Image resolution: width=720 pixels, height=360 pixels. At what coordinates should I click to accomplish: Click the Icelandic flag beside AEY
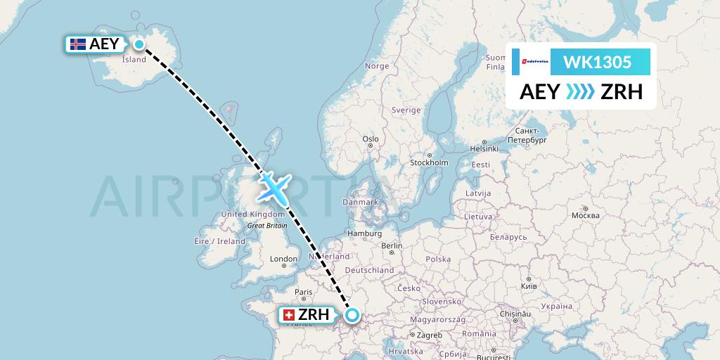pos(79,44)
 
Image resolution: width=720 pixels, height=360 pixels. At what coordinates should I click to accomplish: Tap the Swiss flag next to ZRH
pos(288,315)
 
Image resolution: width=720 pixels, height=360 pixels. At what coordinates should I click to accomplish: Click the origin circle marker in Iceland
pos(139,44)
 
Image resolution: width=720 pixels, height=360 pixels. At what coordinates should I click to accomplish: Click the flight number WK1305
pos(597,63)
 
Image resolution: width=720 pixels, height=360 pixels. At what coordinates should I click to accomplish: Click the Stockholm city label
pos(429,162)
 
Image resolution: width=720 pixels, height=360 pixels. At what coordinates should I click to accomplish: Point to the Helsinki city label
pos(484,148)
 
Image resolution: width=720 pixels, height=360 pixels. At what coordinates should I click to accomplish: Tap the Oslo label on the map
pos(371,139)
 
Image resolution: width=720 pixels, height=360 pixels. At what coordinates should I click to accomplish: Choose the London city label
pos(283,259)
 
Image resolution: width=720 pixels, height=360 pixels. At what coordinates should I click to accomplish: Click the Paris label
pos(303,292)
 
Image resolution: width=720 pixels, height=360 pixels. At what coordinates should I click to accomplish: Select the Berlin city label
pos(391,246)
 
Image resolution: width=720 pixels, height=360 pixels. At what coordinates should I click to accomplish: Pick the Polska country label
pos(437,259)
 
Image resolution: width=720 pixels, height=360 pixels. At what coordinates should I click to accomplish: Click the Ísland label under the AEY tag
pos(134,60)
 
